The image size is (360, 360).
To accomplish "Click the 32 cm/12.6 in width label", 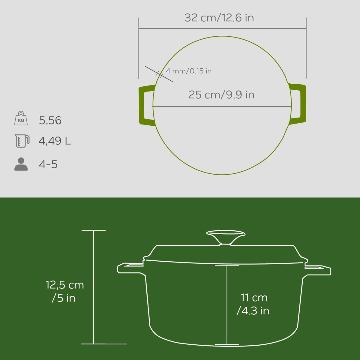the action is click(219, 18).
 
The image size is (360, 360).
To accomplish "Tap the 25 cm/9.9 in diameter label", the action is click(221, 95).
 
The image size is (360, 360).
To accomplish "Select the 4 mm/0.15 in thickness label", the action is click(189, 71).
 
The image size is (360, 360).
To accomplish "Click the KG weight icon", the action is click(21, 118).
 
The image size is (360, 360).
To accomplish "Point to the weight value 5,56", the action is click(50, 120).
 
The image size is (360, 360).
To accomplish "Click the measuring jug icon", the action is click(22, 141).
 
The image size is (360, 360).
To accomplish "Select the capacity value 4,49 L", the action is click(55, 141).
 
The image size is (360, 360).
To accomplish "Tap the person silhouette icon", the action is click(21, 164).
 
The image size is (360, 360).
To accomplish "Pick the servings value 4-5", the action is click(48, 164).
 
